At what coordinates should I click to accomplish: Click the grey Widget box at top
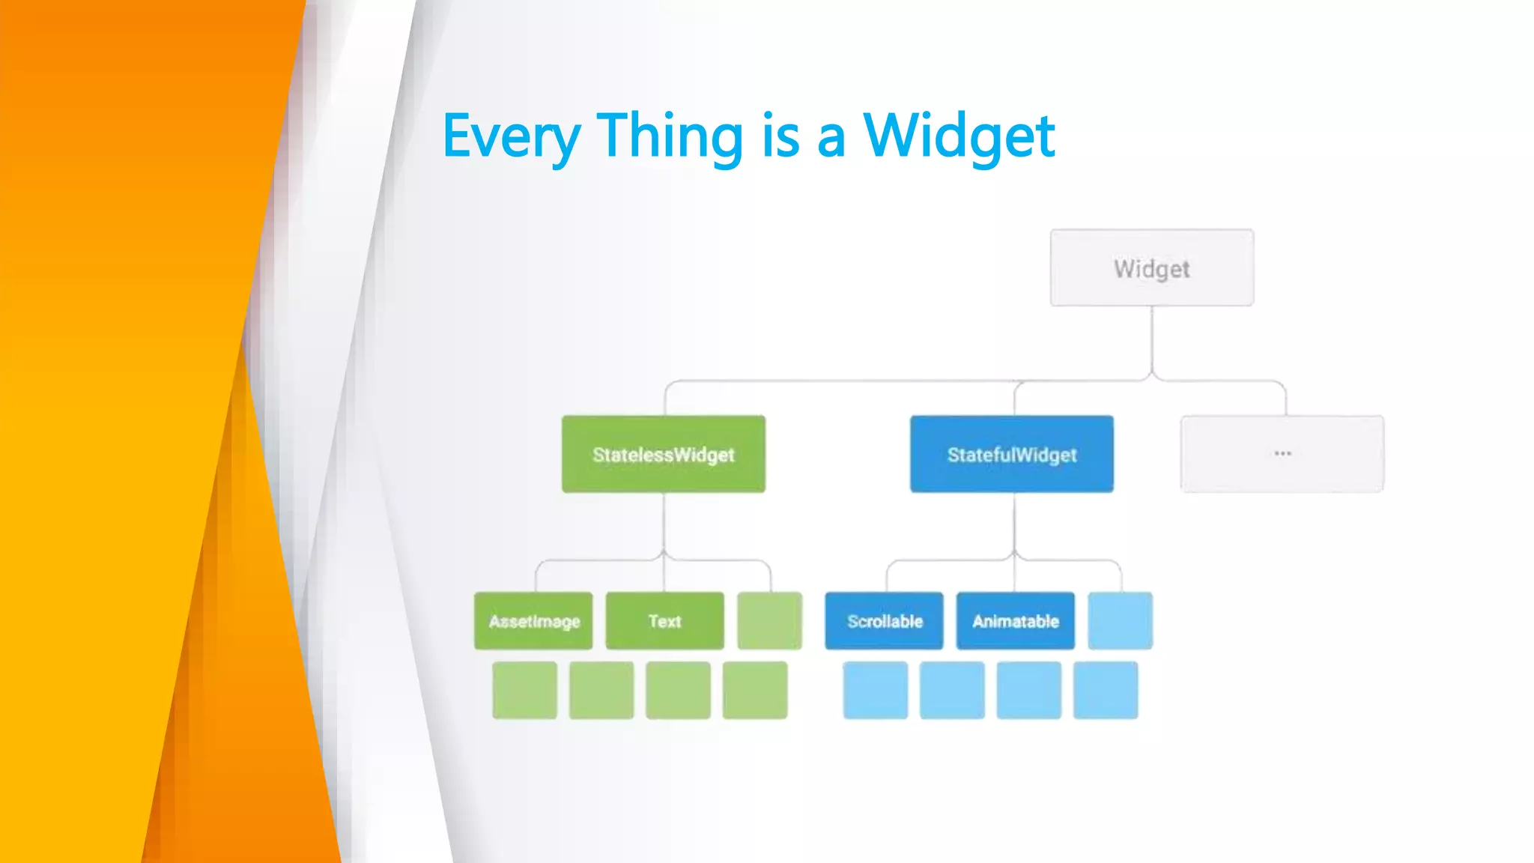(1151, 267)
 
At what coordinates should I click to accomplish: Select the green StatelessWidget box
(664, 454)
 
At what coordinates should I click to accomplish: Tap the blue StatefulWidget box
(1011, 454)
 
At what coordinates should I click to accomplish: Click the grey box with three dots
(1282, 454)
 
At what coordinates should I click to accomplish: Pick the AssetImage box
(533, 621)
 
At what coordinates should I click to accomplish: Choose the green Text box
(664, 621)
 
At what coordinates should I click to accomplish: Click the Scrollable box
(884, 621)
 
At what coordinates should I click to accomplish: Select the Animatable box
(1015, 621)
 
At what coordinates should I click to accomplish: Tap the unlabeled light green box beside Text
(769, 621)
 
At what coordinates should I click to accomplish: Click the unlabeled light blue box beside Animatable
(1120, 621)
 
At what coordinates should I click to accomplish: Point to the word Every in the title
(512, 137)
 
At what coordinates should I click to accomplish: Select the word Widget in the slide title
(959, 137)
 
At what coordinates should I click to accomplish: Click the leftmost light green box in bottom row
(524, 690)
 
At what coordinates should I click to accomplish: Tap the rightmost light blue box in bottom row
(1105, 690)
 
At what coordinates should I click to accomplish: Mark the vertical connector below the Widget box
(1152, 341)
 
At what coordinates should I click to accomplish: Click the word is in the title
(780, 137)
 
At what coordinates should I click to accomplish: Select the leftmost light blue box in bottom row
(875, 690)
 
